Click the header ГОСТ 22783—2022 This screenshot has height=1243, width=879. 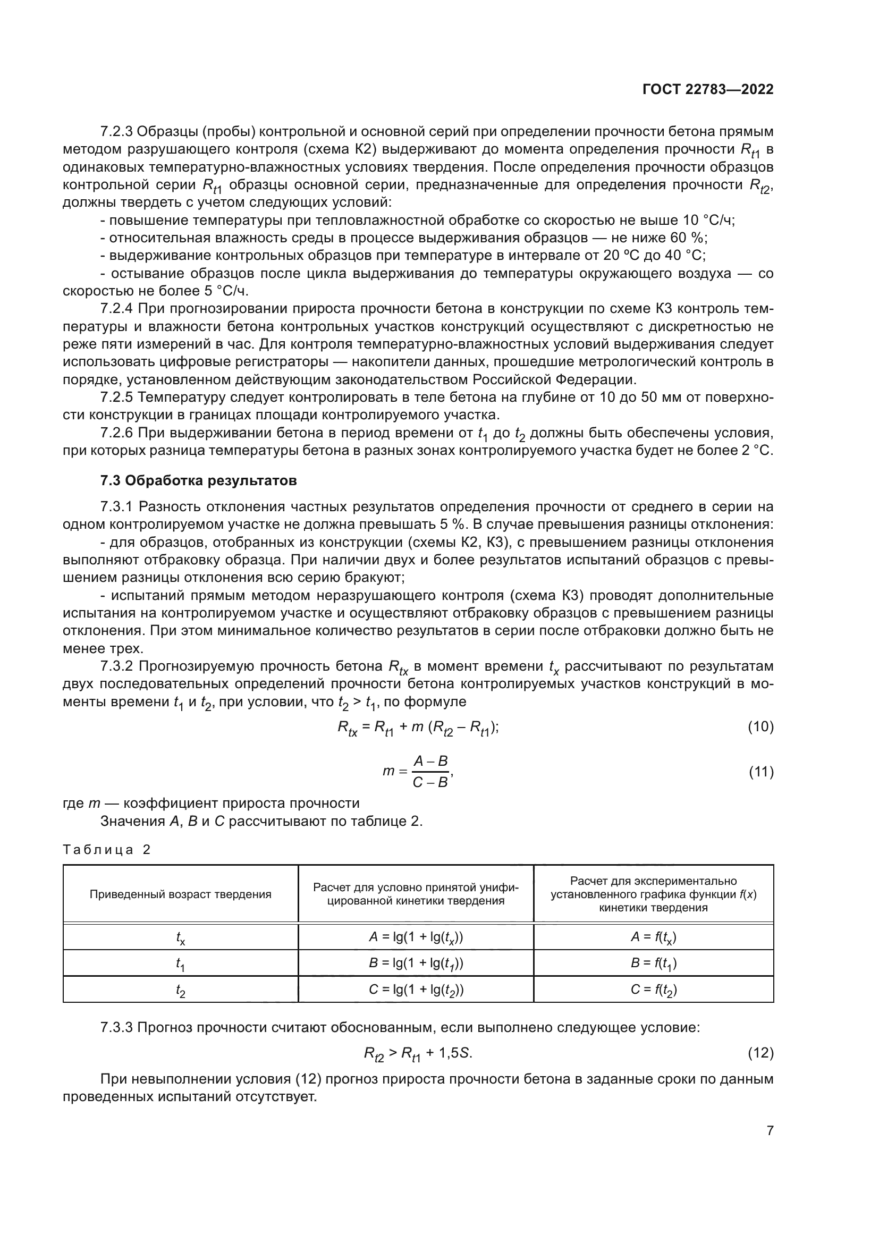[x=707, y=89]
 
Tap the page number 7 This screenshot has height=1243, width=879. [x=770, y=1130]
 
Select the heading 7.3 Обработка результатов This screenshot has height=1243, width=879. [x=198, y=480]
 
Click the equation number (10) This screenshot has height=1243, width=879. [x=760, y=726]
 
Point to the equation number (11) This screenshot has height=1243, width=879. [x=760, y=772]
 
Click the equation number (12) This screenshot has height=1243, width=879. [x=760, y=1053]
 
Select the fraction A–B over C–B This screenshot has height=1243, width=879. [x=430, y=772]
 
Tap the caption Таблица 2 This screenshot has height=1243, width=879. [x=107, y=849]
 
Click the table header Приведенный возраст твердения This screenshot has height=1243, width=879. [x=180, y=894]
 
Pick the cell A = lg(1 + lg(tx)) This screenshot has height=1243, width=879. [x=416, y=937]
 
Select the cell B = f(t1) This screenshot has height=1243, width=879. [x=653, y=963]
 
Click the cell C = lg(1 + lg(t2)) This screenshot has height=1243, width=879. [x=416, y=990]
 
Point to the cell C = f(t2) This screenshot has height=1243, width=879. [x=653, y=990]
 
